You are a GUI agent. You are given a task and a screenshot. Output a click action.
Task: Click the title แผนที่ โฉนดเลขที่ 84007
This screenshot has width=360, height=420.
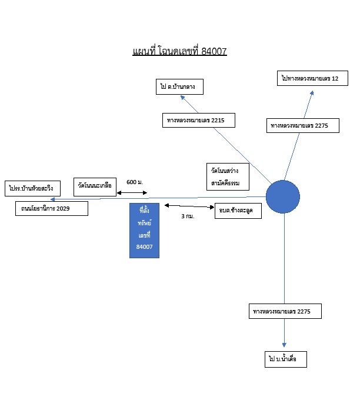pos(180,51)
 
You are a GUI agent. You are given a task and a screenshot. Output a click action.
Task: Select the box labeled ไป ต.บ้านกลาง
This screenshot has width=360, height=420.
pos(179,86)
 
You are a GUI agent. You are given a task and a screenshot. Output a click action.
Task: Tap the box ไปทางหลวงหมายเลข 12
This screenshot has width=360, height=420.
pos(312,78)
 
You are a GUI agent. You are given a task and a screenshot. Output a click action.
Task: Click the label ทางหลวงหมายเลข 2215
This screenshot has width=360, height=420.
pos(199,120)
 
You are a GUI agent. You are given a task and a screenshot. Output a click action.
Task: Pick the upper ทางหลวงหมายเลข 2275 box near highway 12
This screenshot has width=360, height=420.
pos(303,125)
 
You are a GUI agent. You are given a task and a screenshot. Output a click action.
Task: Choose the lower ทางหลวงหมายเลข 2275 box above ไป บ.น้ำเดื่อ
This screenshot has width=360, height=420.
pos(285,311)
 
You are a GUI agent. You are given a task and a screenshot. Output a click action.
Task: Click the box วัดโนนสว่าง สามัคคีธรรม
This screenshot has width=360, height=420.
pos(228,177)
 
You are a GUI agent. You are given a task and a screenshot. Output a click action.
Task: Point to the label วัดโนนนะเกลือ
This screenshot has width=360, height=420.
pos(95,187)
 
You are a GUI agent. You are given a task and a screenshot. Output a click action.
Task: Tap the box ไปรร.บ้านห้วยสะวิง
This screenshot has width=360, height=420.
pos(32,188)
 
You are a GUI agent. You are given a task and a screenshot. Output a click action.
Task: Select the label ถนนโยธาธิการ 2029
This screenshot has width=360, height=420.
pos(52,208)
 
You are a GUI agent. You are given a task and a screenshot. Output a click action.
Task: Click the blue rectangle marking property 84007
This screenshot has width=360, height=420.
pos(144,231)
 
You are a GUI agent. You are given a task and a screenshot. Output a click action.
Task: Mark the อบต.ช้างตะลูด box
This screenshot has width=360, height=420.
pos(238,211)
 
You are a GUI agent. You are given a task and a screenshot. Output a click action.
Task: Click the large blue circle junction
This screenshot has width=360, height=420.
pos(283,197)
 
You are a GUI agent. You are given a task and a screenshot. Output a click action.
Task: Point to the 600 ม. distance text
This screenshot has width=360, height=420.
pos(135,182)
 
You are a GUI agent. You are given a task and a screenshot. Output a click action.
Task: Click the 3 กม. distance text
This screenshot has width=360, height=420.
pos(188,216)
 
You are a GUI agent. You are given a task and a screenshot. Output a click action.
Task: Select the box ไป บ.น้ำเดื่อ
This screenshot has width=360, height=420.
pos(286,359)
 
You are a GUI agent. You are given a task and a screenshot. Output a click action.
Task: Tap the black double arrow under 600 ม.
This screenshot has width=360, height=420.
pos(132,192)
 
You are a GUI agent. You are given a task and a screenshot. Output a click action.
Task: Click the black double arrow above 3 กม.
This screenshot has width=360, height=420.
pos(189,206)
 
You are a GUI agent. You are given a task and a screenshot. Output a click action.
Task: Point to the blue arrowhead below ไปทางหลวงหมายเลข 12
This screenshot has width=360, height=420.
pos(312,93)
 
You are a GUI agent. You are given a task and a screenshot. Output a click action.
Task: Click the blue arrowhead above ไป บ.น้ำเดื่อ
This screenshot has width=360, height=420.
pos(284,345)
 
